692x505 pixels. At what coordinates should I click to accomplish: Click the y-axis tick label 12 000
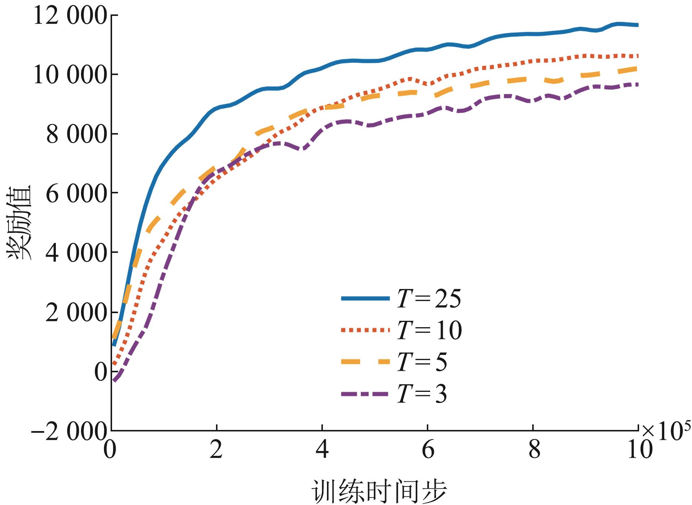point(70,17)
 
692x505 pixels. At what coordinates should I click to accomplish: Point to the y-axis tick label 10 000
point(70,75)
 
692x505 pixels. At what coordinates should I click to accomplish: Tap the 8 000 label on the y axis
point(76,135)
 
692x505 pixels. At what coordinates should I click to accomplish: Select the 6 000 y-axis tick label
point(76,194)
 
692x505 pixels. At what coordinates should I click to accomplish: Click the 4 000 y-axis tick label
point(76,254)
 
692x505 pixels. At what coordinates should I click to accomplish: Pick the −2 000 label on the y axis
point(69,431)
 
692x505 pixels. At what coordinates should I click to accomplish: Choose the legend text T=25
point(429,299)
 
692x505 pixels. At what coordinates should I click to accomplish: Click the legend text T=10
point(429,330)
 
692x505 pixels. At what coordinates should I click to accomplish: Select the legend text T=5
point(422,362)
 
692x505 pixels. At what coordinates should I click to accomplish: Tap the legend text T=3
point(422,394)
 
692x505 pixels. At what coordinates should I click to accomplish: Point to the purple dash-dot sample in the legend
point(365,394)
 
